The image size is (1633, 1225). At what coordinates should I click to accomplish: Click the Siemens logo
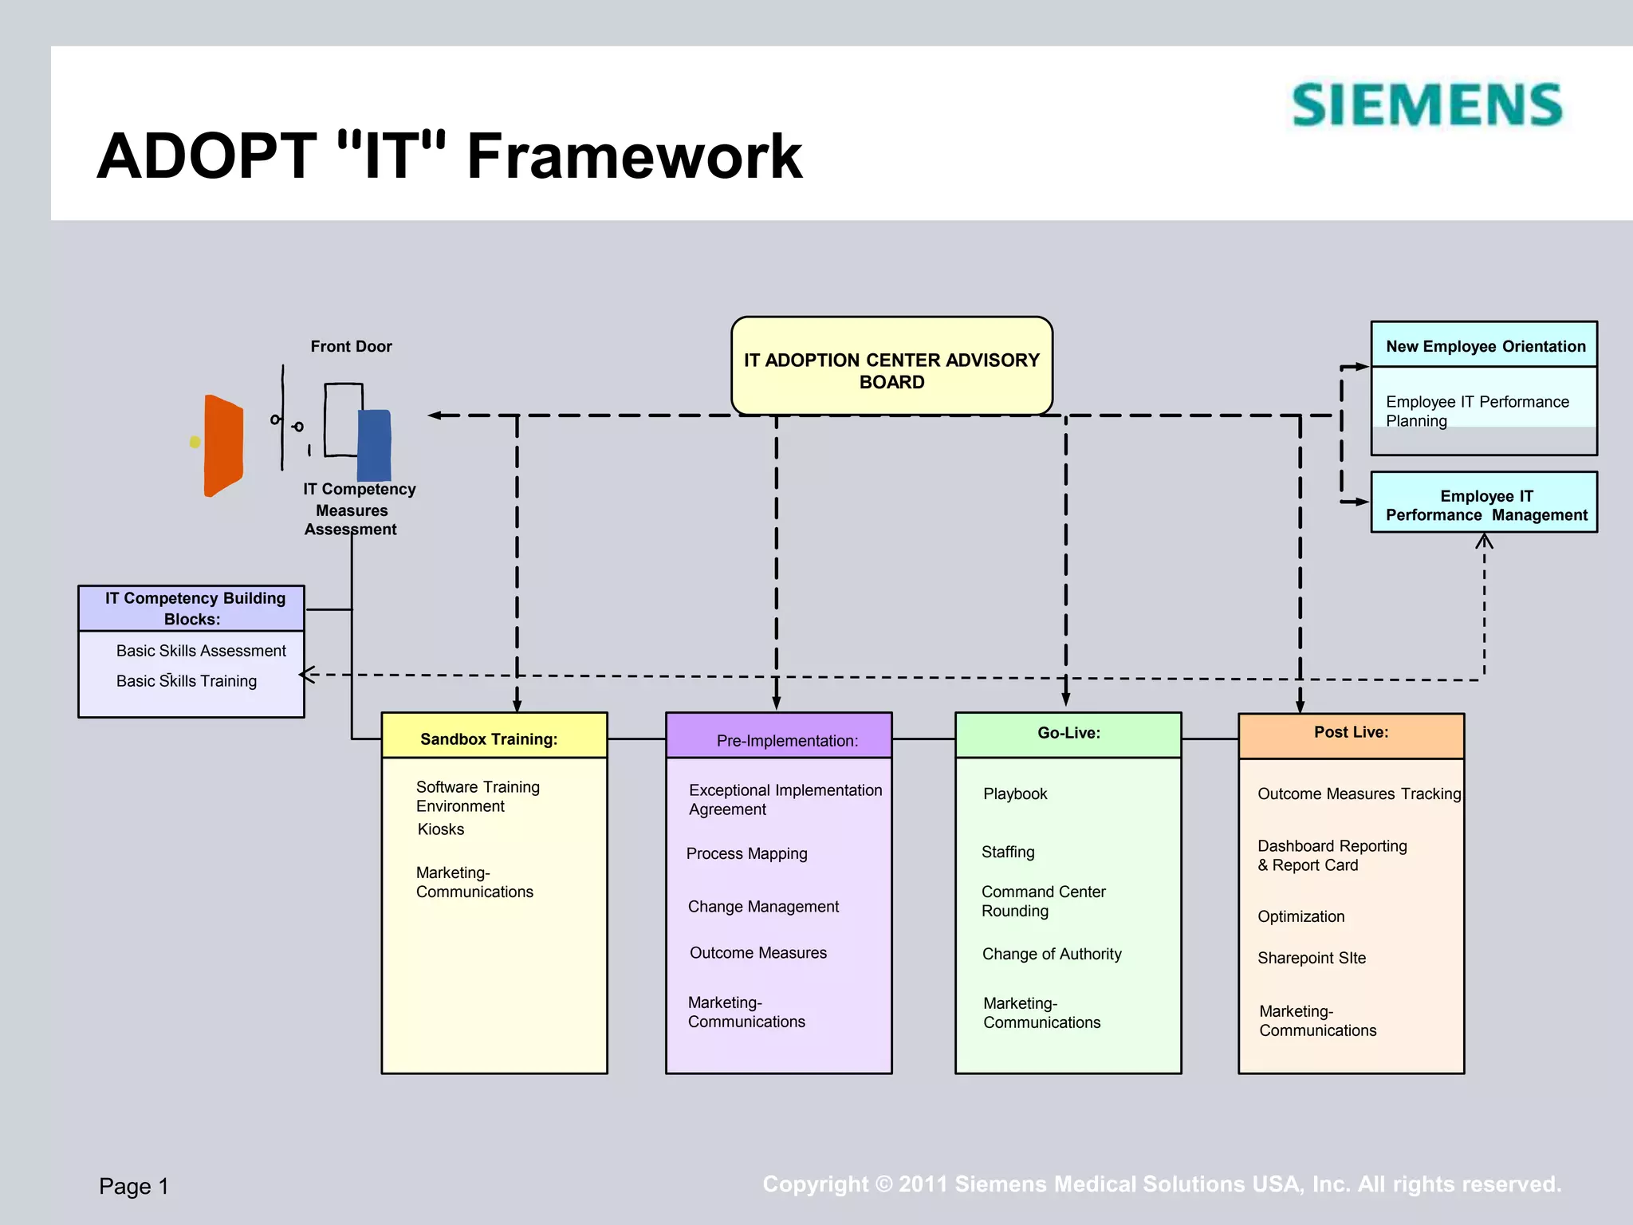tap(1426, 105)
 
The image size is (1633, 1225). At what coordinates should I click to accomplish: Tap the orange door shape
tap(222, 446)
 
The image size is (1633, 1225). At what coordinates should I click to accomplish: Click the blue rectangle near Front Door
tap(374, 445)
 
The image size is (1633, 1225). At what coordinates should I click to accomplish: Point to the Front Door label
tap(351, 346)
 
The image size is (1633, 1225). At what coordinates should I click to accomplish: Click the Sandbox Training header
tap(489, 739)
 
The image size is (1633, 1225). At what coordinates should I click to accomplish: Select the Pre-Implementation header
tap(787, 740)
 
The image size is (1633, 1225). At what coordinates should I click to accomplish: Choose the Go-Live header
tap(1068, 733)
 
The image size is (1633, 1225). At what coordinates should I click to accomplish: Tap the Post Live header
tap(1351, 732)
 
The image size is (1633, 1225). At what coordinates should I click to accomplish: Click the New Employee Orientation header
tap(1485, 346)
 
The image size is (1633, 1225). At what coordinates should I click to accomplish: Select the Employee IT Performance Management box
tap(1485, 505)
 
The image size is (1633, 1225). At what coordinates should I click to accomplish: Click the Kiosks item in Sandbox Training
tap(440, 829)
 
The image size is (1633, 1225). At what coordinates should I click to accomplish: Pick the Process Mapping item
tap(746, 853)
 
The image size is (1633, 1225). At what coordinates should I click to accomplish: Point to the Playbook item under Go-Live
tap(1014, 794)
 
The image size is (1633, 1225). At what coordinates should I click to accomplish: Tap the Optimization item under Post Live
tap(1300, 916)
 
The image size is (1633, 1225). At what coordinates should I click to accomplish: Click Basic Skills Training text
tap(187, 681)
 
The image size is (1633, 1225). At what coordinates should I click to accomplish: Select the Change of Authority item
tap(1051, 954)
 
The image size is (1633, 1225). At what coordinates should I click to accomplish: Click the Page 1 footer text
tap(134, 1186)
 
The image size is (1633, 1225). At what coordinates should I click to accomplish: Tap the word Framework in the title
tap(634, 156)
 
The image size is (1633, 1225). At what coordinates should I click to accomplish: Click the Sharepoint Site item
tap(1311, 958)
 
